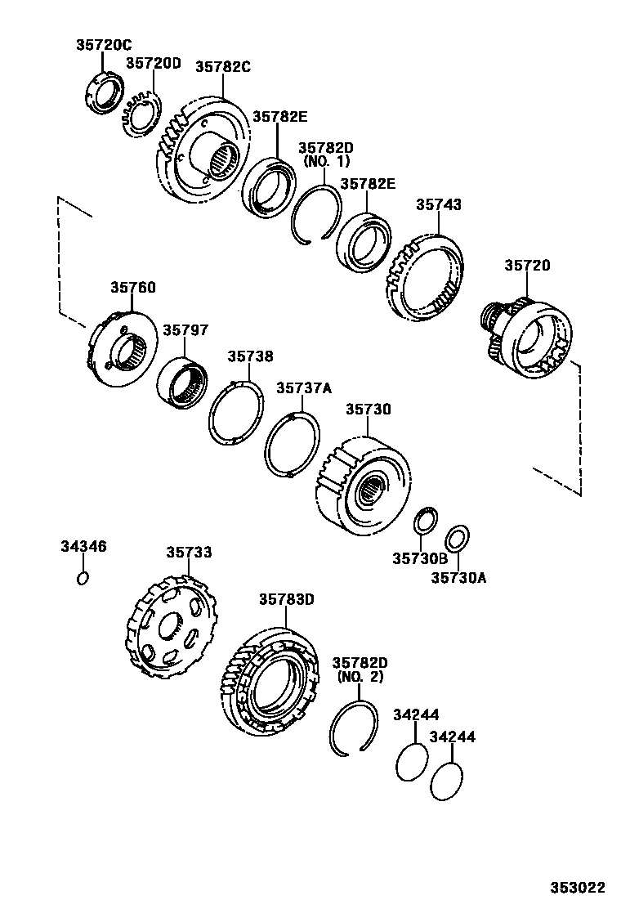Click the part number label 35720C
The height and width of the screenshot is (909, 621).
point(104,46)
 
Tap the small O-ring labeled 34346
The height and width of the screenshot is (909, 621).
point(82,579)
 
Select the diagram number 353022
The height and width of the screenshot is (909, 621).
point(576,888)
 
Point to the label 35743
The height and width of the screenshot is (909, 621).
point(439,205)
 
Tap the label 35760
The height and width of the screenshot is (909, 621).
point(133,288)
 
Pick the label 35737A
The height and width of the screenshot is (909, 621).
point(304,388)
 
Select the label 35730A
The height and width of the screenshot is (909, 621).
point(458,577)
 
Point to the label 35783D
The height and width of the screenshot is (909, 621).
point(287,599)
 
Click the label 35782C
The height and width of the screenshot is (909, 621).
point(222,67)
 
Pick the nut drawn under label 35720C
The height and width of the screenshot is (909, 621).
point(104,92)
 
